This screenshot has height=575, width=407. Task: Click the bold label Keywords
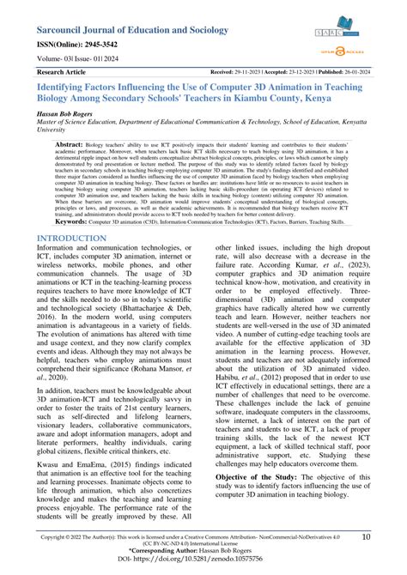click(62, 221)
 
